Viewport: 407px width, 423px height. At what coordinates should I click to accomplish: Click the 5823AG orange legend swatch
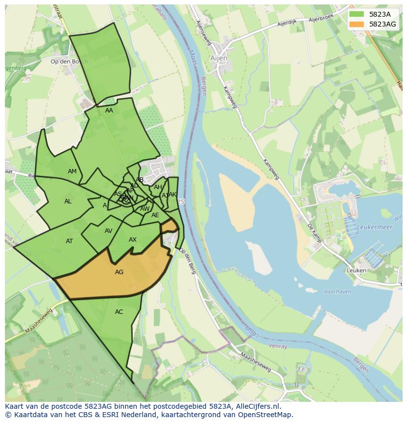(357, 24)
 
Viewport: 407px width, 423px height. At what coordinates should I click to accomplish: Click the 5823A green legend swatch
(357, 14)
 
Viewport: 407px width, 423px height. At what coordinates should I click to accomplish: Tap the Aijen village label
(219, 58)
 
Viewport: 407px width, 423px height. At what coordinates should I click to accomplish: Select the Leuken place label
(356, 270)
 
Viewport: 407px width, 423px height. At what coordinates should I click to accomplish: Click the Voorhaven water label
(338, 291)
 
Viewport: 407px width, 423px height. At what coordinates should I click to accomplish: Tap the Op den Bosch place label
(69, 61)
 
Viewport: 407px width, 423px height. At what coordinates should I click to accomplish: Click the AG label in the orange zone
(119, 272)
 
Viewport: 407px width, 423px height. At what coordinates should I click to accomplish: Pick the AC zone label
(119, 311)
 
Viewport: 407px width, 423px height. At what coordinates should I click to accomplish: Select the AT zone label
(69, 241)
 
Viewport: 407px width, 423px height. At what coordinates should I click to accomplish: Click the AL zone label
(68, 201)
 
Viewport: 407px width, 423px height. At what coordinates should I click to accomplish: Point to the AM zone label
(72, 171)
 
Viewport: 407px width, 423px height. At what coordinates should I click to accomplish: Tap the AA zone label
(109, 111)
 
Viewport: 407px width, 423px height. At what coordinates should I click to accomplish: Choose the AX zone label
(133, 240)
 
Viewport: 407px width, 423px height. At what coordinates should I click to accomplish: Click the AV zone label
(109, 231)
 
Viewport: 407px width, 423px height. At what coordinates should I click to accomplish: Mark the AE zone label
(155, 215)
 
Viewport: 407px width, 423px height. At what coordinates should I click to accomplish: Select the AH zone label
(158, 187)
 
